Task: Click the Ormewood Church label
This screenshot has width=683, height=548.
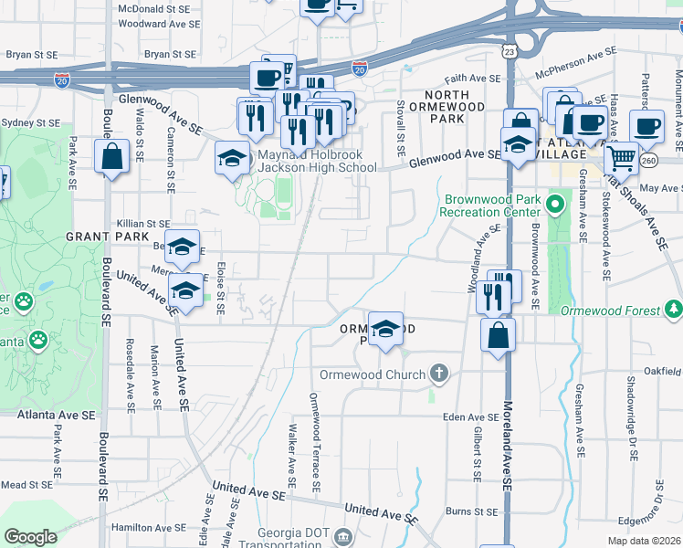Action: coord(373,374)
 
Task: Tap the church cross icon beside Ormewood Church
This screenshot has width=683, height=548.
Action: coord(439,373)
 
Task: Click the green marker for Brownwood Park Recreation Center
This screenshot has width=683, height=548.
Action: coord(554,201)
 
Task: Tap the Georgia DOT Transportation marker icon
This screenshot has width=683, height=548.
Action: coord(342,535)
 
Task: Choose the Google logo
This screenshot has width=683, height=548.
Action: coord(31,537)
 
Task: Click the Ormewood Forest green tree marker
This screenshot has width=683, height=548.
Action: coord(674,311)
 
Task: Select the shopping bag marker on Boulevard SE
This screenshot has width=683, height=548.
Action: coord(111,156)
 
